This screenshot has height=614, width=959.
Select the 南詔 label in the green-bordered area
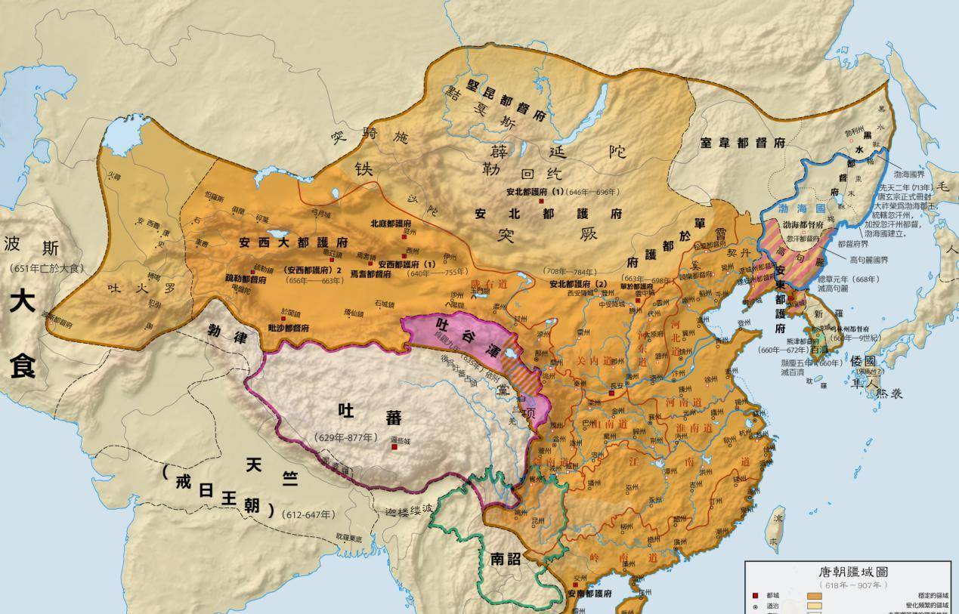[506, 560]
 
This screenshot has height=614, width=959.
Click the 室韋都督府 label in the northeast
[742, 143]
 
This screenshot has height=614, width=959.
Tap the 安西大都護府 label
[293, 243]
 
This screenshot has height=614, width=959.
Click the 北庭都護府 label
[391, 224]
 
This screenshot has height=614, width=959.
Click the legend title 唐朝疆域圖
[848, 572]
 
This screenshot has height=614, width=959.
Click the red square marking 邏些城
[394, 447]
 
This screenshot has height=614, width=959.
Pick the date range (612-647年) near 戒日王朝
[308, 514]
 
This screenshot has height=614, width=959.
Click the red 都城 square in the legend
[755, 596]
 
